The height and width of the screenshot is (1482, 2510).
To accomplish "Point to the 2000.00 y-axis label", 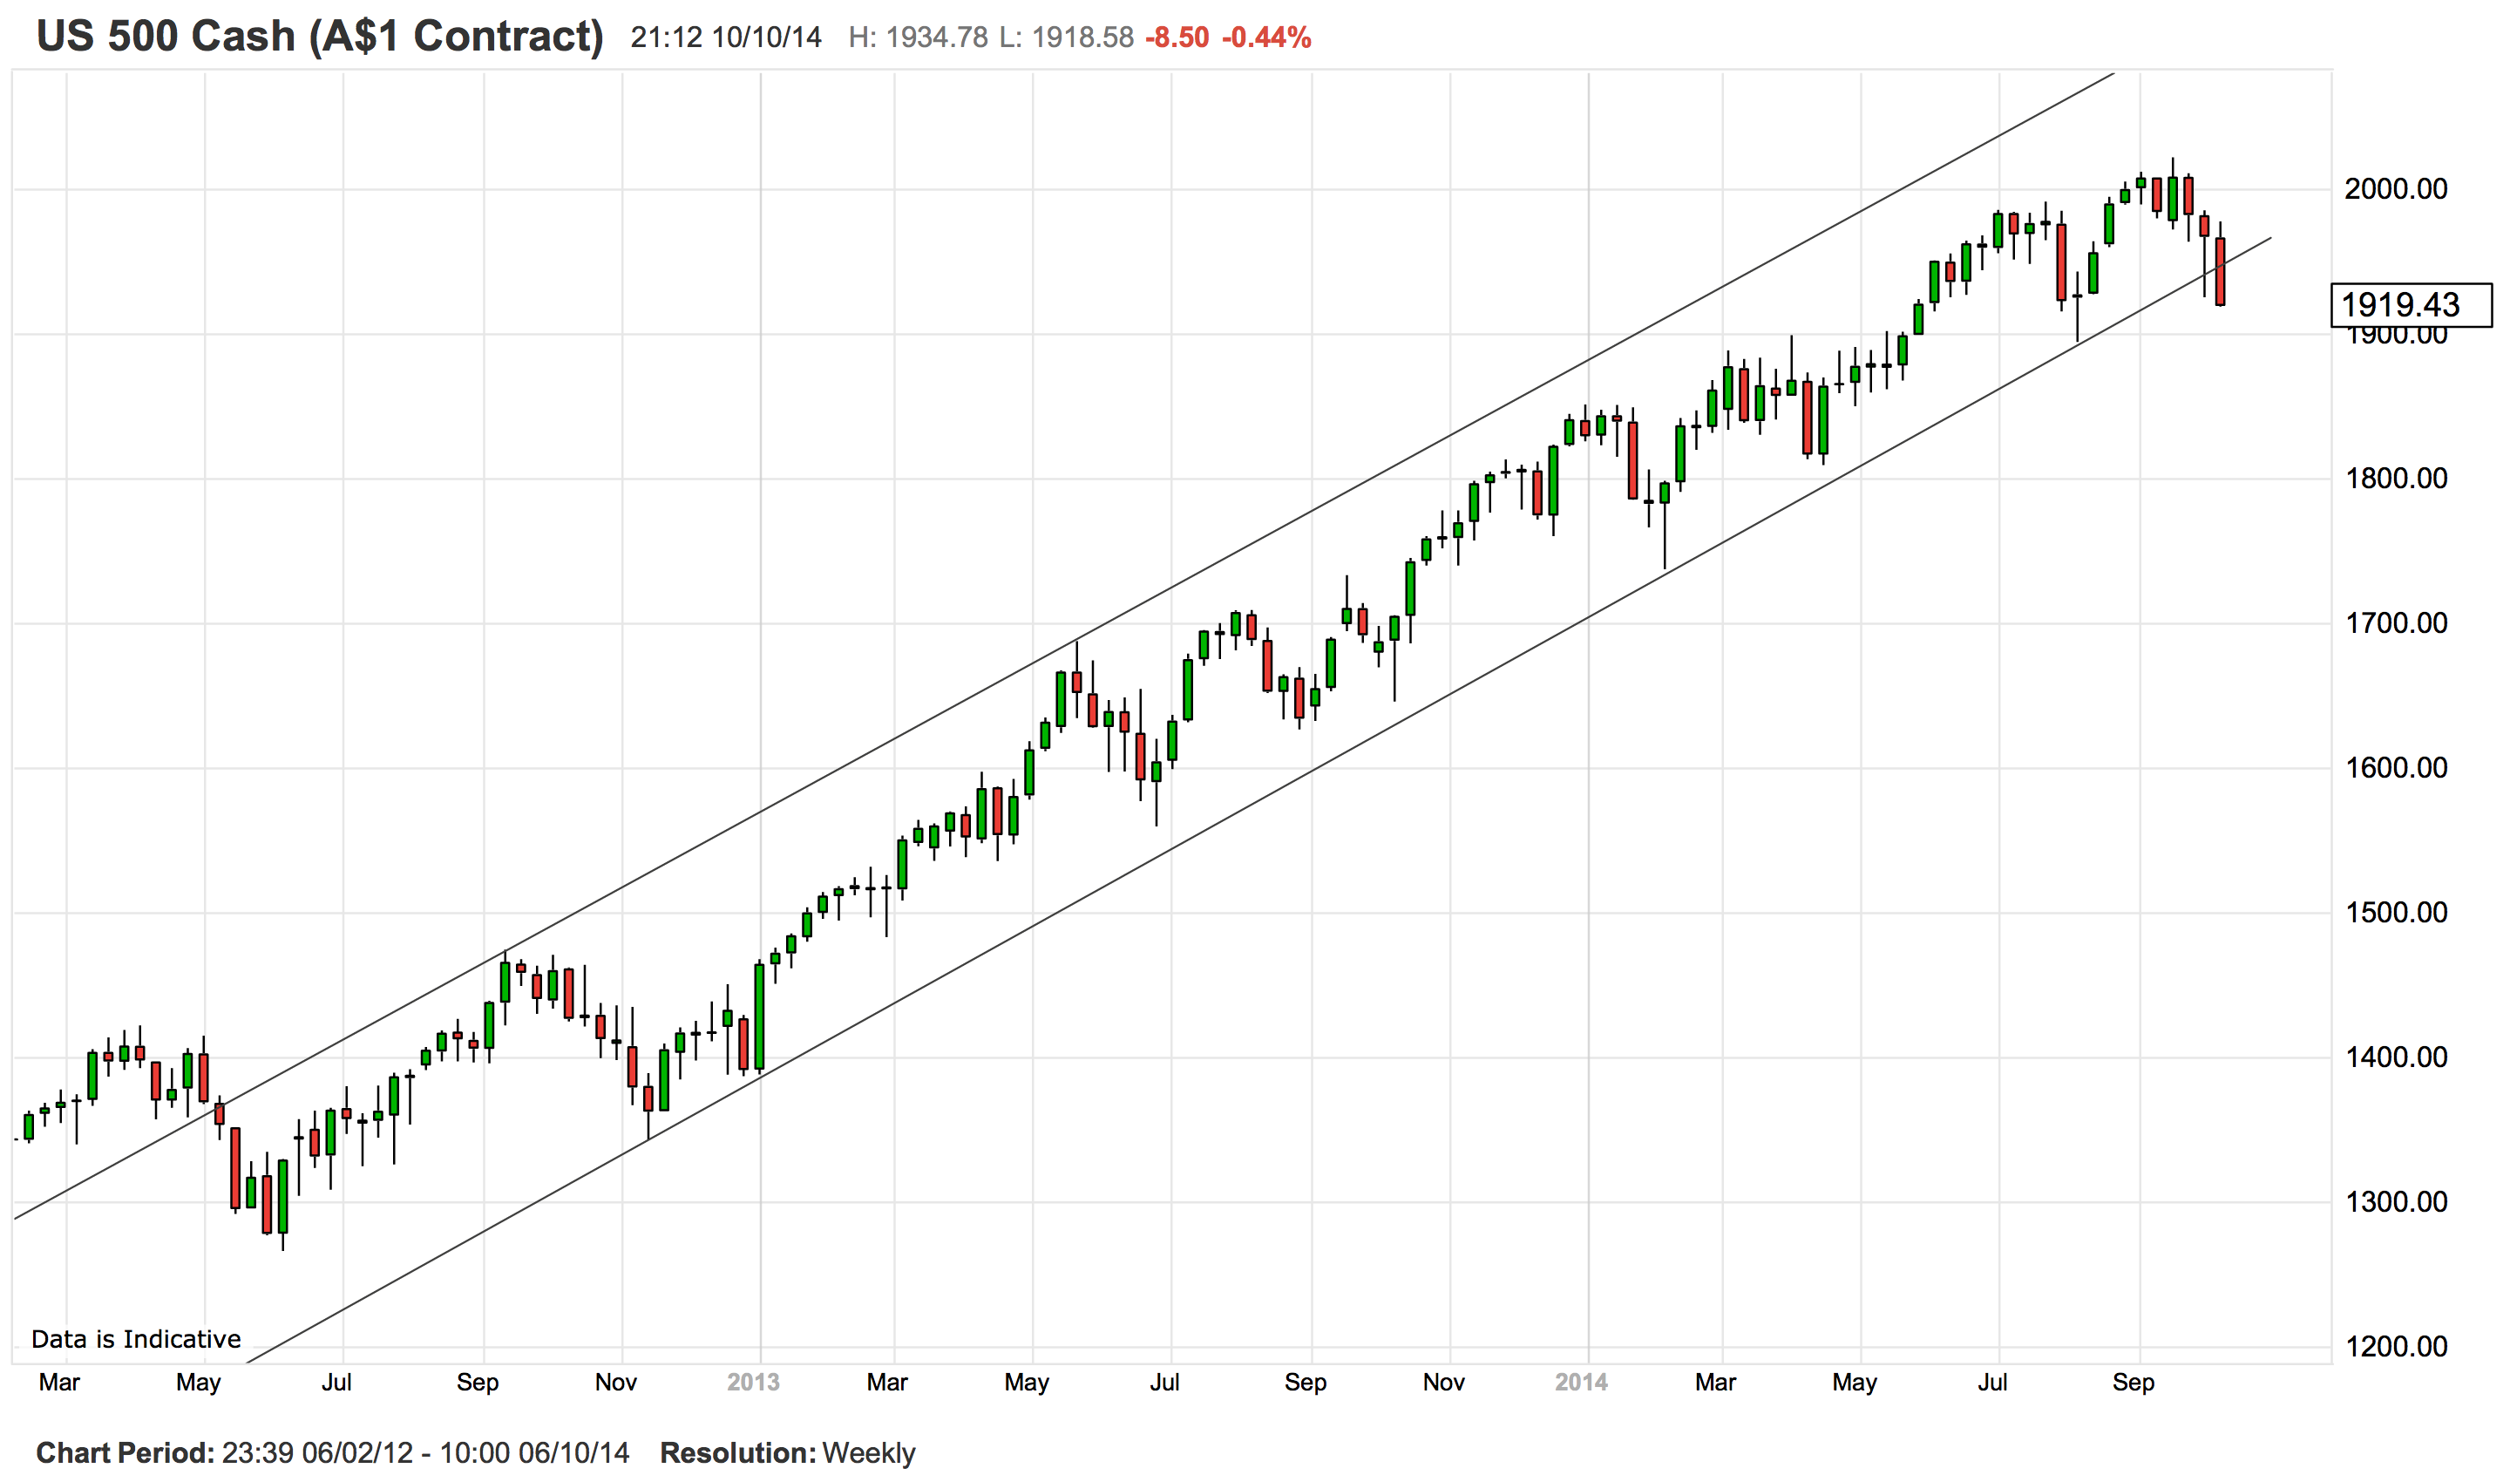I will pyautogui.click(x=2395, y=189).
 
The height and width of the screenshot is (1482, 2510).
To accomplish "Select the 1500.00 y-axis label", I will pyautogui.click(x=2395, y=913).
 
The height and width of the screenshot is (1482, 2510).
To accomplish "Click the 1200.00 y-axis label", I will pyautogui.click(x=2395, y=1347).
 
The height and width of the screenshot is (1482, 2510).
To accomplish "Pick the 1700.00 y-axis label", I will pyautogui.click(x=2395, y=623).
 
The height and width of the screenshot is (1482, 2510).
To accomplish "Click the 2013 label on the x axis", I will pyautogui.click(x=753, y=1383).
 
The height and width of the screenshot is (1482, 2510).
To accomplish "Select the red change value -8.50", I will pyautogui.click(x=1177, y=38).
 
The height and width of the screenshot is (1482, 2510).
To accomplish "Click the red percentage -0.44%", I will pyautogui.click(x=1266, y=38).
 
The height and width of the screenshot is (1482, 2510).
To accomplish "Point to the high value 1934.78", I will pyautogui.click(x=937, y=38).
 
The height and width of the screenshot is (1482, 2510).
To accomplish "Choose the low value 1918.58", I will pyautogui.click(x=1082, y=38).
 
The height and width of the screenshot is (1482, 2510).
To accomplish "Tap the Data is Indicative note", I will pyautogui.click(x=136, y=1339).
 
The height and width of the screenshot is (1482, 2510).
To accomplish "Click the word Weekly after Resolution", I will pyautogui.click(x=868, y=1453).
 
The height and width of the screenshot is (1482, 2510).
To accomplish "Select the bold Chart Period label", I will pyautogui.click(x=125, y=1453).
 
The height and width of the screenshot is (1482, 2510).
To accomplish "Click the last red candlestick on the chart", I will pyautogui.click(x=2220, y=272).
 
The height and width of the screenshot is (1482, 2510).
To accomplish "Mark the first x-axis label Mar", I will pyautogui.click(x=59, y=1383).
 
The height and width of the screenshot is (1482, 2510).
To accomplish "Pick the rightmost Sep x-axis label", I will pyautogui.click(x=2133, y=1383).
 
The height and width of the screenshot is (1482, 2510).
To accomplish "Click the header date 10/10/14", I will pyautogui.click(x=767, y=38).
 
